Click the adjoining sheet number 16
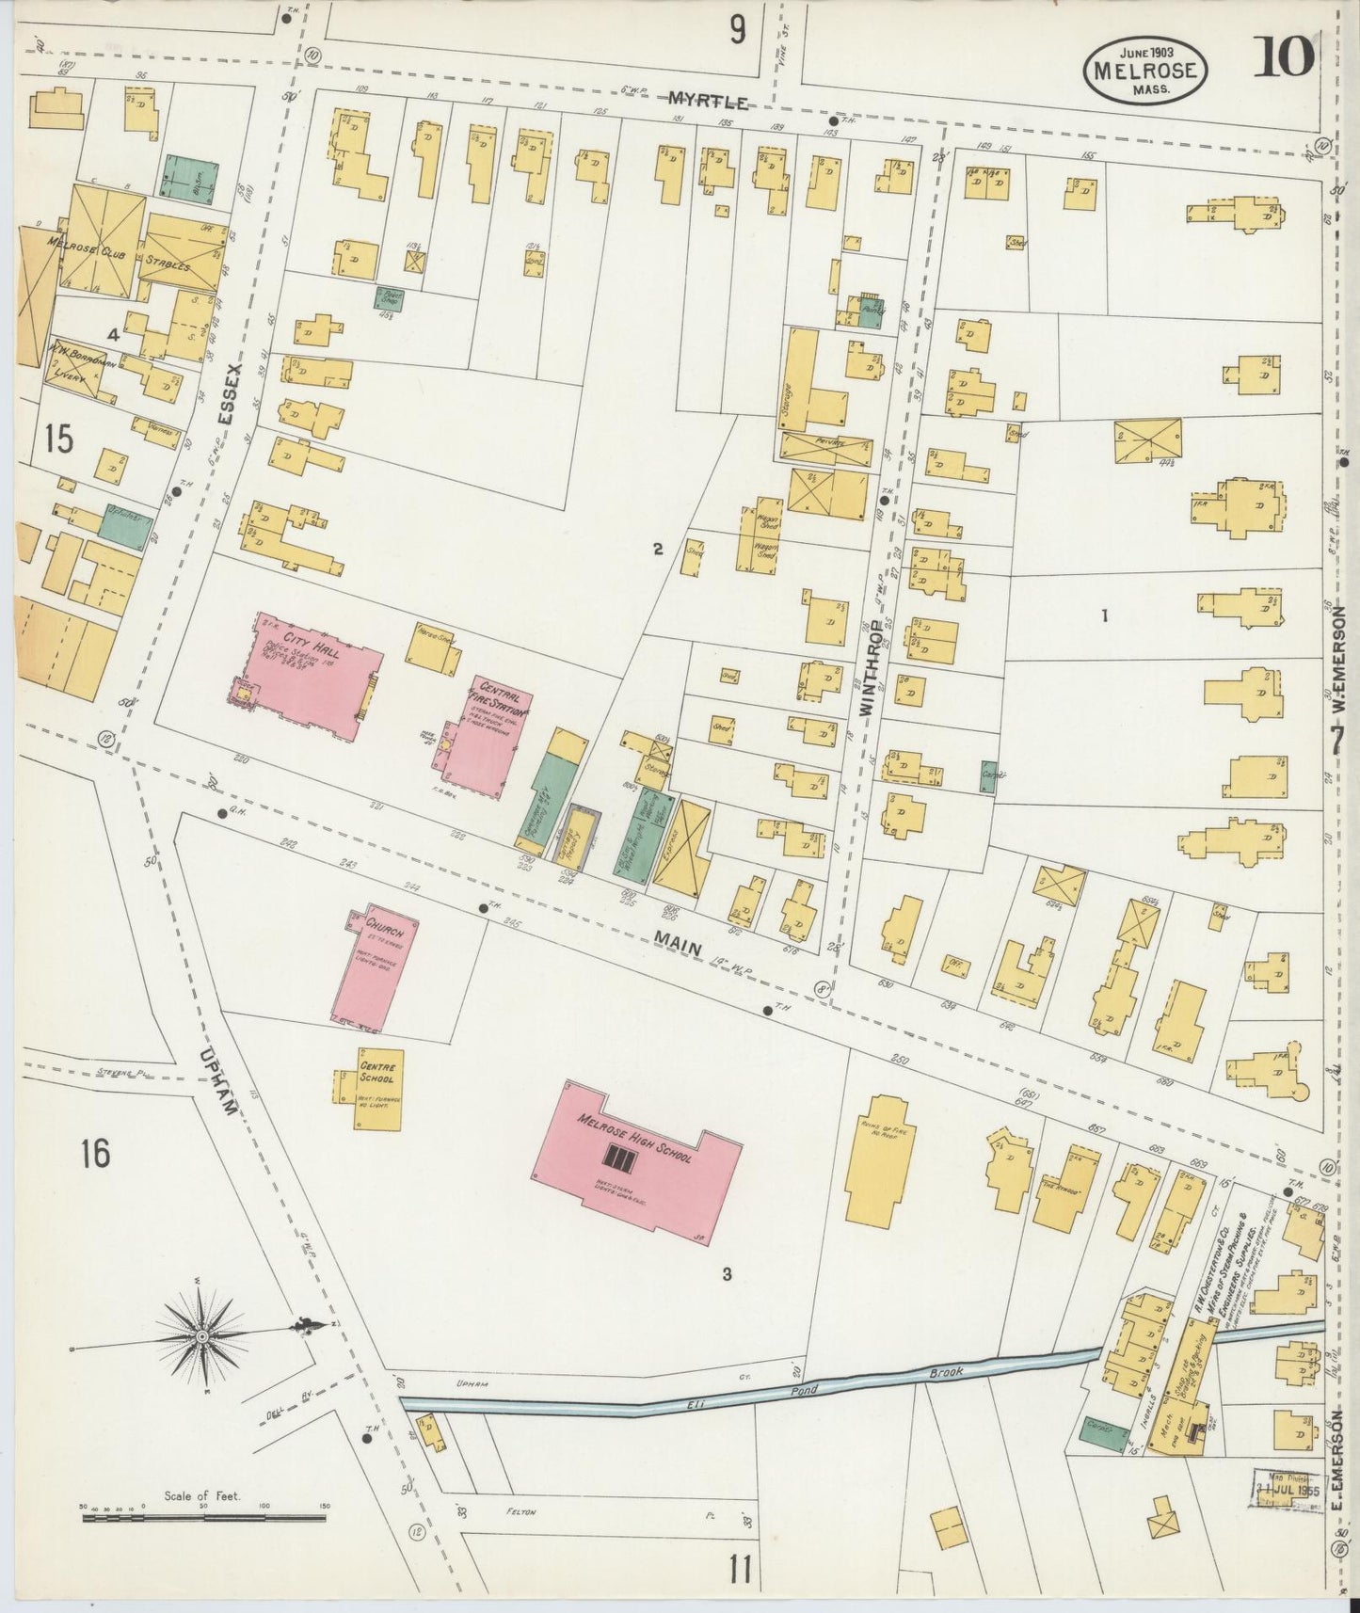click(x=95, y=1153)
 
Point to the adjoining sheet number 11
click(x=740, y=1570)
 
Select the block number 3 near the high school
click(x=727, y=1275)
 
